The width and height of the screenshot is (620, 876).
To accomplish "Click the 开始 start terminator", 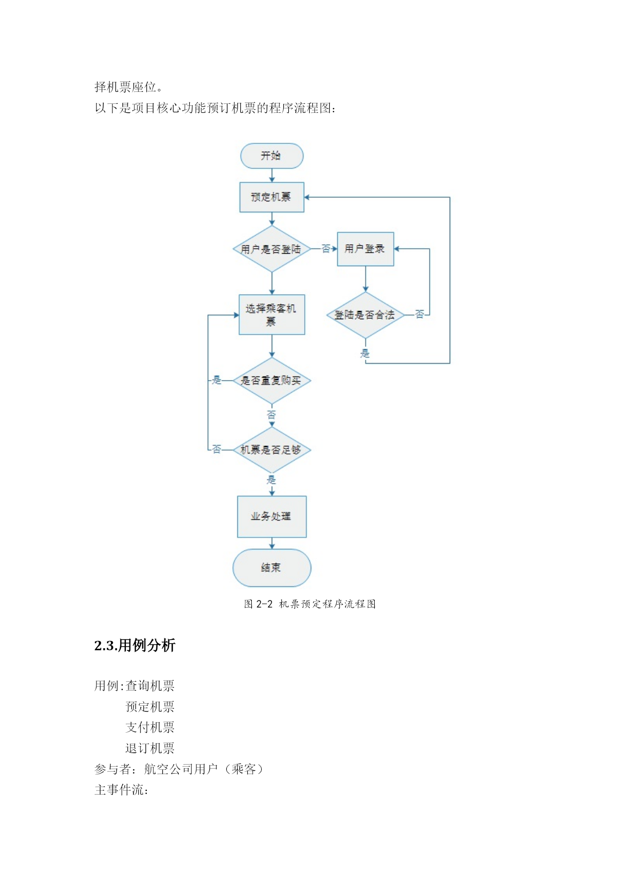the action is (x=272, y=156).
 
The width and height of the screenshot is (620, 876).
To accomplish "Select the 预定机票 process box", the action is (x=272, y=197).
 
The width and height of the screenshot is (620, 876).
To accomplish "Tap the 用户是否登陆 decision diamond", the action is (x=272, y=249).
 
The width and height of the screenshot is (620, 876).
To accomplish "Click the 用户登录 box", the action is (x=365, y=249).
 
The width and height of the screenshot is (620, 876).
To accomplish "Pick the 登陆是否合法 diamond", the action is (x=365, y=315).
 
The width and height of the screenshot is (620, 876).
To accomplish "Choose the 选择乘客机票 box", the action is (x=272, y=315).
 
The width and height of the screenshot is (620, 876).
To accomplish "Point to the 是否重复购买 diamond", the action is (x=272, y=381).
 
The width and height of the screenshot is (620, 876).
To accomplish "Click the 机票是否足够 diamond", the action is (x=272, y=450).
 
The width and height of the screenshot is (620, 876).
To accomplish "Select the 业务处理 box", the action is (x=272, y=516).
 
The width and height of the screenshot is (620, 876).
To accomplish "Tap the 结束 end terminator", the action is (x=272, y=568).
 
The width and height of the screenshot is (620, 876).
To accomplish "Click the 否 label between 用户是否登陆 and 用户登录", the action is (x=326, y=249).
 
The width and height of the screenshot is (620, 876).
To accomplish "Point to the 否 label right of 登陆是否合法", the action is (x=420, y=314).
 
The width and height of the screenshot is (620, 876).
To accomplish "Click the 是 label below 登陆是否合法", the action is (x=365, y=354).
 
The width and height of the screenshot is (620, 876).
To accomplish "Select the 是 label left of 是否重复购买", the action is (x=217, y=380).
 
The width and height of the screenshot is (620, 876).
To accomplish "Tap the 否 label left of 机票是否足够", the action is (x=217, y=449).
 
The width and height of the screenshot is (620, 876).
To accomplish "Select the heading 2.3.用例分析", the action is (x=135, y=645).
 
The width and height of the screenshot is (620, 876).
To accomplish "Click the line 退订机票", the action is (x=150, y=748).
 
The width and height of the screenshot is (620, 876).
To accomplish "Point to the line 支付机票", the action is (x=150, y=727).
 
